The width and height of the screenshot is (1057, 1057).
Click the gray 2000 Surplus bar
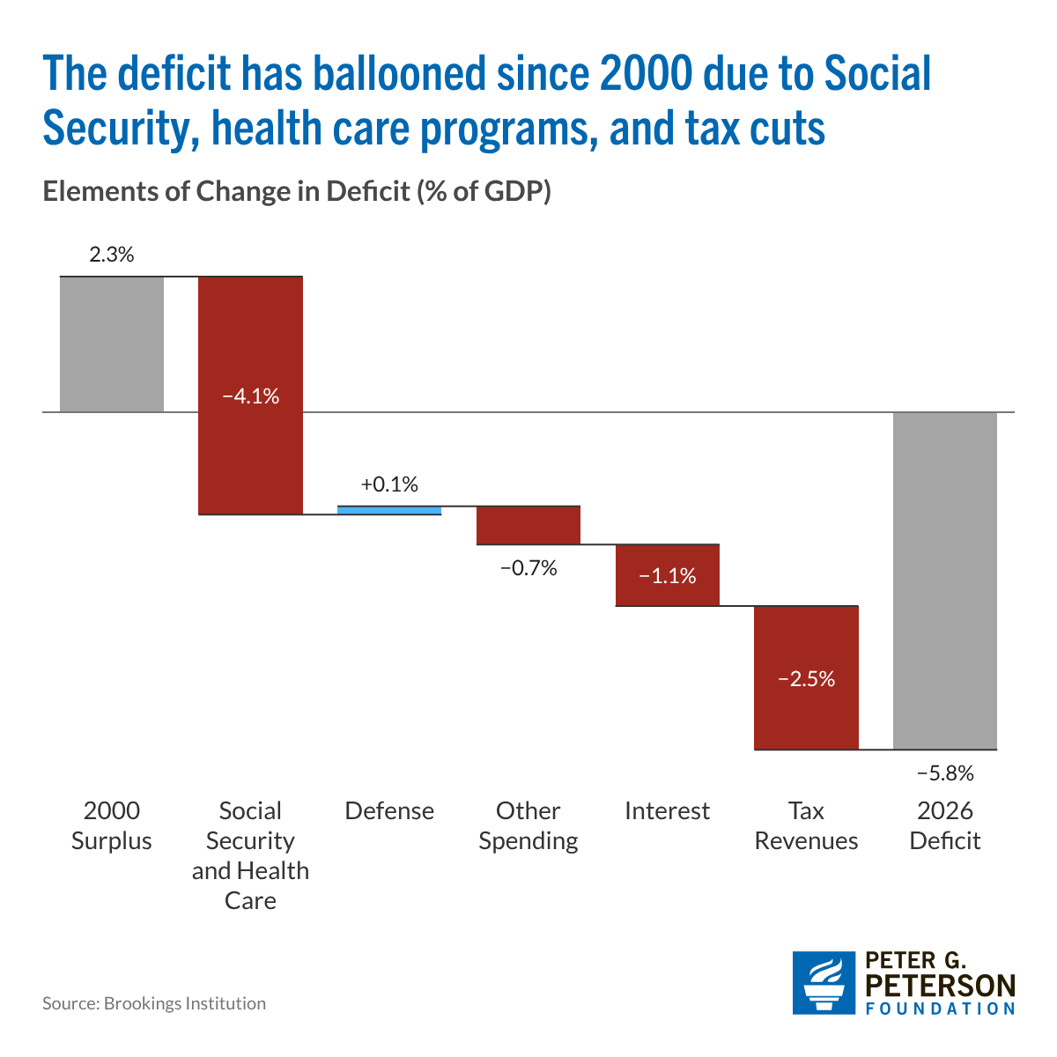(x=111, y=344)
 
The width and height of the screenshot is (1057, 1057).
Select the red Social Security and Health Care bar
(x=250, y=395)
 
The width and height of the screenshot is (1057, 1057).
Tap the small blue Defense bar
(x=389, y=510)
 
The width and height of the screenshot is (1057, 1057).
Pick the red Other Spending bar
(x=528, y=525)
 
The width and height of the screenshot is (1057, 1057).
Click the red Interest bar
(x=667, y=575)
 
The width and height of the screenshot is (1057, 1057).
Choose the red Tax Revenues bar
(x=806, y=677)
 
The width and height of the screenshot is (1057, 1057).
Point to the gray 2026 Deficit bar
(x=944, y=580)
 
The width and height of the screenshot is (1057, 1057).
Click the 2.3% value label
(x=111, y=255)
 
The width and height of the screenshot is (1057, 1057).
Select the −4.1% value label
(x=251, y=396)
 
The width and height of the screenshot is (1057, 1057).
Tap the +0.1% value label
(x=389, y=484)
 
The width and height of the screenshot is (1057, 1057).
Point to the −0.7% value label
(x=528, y=568)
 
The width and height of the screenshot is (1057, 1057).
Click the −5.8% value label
(x=945, y=773)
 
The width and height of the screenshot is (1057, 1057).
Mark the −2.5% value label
(x=806, y=679)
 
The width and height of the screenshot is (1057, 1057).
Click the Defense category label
(x=389, y=810)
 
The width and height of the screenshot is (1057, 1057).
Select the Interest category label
(x=667, y=810)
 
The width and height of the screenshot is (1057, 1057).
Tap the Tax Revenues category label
(x=806, y=825)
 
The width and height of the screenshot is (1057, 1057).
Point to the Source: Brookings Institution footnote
(x=154, y=1003)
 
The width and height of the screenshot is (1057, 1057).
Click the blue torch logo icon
(x=824, y=982)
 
